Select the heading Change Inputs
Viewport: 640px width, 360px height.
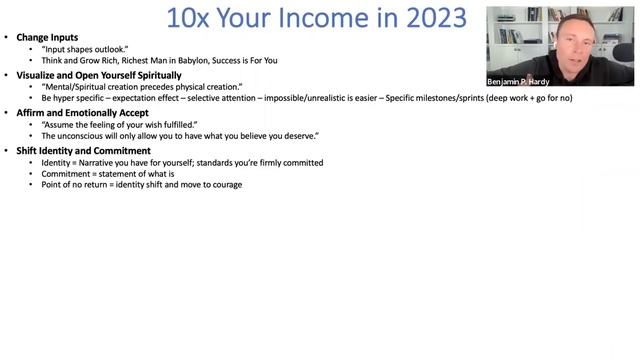(47, 38)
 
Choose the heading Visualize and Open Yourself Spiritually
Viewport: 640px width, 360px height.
(99, 75)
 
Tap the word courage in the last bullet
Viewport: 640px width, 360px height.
(225, 185)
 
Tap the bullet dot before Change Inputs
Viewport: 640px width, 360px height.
(7, 38)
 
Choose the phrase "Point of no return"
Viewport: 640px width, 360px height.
(77, 185)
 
